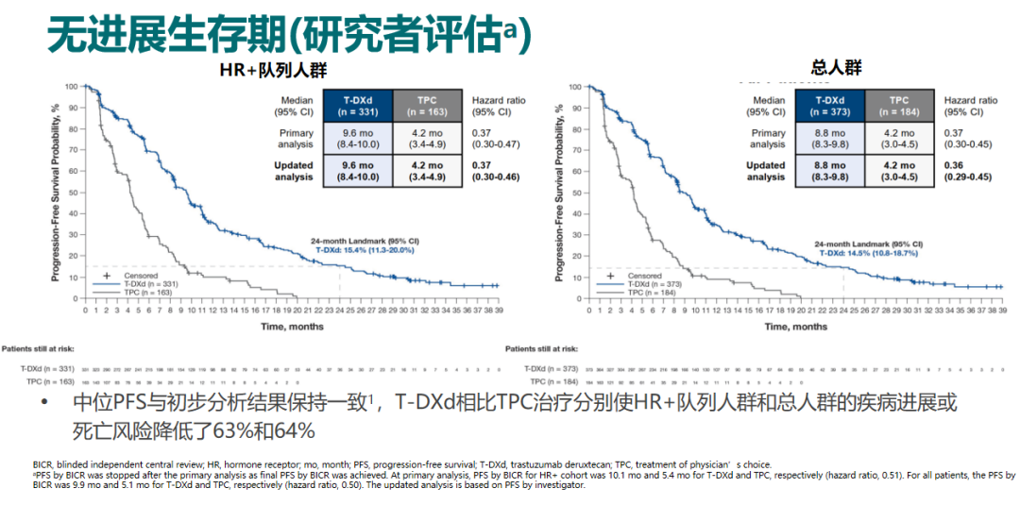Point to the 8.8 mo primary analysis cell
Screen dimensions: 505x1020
coord(829,139)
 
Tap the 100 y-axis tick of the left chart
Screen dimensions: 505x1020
coord(71,87)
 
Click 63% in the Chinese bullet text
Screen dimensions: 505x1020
coord(252,430)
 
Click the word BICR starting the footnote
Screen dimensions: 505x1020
coord(42,464)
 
